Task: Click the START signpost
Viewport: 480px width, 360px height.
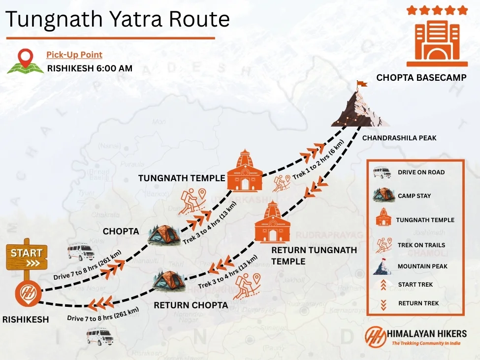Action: [x=27, y=257]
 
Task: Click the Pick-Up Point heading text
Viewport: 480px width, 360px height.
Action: [x=74, y=55]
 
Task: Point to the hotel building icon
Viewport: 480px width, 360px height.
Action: [x=437, y=39]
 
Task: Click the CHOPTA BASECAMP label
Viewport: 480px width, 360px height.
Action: [x=421, y=78]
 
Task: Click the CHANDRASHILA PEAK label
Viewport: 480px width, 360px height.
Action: [x=399, y=138]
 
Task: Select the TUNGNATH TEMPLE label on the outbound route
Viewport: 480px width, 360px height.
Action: [x=182, y=178]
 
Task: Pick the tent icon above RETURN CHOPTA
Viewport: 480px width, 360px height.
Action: [x=169, y=281]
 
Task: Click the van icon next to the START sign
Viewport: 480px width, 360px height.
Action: [x=81, y=251]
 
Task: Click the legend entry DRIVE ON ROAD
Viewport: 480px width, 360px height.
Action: [x=421, y=172]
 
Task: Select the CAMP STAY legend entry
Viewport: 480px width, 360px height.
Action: [x=414, y=196]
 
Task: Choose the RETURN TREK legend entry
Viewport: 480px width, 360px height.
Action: [x=418, y=303]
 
